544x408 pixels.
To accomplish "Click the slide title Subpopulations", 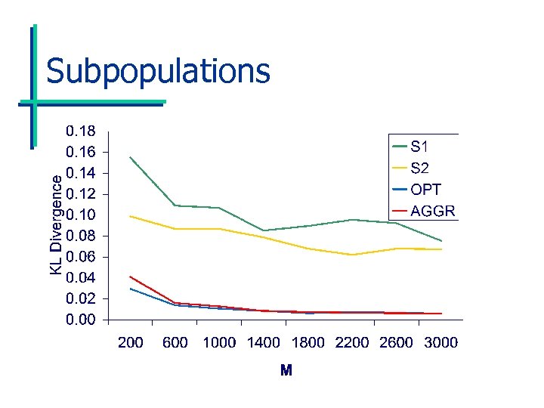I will [x=157, y=71].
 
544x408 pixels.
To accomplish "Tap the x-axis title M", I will [x=286, y=370].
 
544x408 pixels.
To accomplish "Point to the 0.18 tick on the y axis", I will [x=81, y=131].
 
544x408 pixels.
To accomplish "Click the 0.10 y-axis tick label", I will [x=81, y=215].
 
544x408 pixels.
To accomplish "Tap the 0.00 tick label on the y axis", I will [x=81, y=320].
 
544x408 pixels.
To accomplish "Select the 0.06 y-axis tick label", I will [x=81, y=257].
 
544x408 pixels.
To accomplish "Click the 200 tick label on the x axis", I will [x=131, y=342].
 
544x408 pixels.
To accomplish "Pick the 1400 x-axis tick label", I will [x=264, y=342].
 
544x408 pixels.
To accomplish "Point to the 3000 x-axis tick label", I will [x=440, y=342].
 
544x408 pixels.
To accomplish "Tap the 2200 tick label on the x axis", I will [x=352, y=342].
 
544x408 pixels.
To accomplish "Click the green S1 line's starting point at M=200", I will [x=131, y=157].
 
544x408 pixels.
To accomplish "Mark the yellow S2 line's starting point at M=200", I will [x=131, y=216].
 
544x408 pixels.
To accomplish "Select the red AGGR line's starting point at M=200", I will [x=131, y=277].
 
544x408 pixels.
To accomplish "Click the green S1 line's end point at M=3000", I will [x=441, y=241].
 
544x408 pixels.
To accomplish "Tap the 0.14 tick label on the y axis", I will [x=81, y=173].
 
